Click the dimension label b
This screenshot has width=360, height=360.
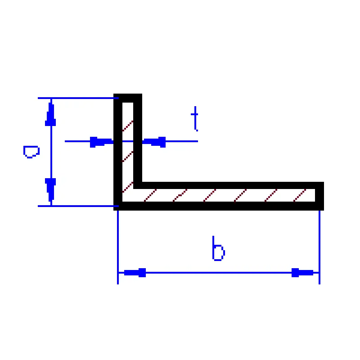(x=218, y=248)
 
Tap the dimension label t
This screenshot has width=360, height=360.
(x=195, y=119)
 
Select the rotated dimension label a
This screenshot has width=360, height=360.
(x=31, y=152)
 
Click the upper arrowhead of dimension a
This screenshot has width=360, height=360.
(x=50, y=114)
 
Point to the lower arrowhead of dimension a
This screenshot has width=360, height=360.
(x=50, y=190)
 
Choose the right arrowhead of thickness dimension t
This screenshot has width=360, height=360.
(x=154, y=142)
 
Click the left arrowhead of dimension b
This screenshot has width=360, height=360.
(x=135, y=273)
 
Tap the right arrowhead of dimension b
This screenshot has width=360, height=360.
(x=302, y=273)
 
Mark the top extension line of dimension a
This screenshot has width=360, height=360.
(x=78, y=98)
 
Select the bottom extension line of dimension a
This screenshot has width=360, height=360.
(x=78, y=206)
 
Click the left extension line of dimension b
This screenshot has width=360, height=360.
(x=118, y=247)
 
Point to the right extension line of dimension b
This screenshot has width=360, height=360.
(x=319, y=247)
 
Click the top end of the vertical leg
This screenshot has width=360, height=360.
(x=128, y=94)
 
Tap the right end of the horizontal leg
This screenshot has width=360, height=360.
(x=324, y=196)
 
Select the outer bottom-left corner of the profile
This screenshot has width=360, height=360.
(x=114, y=210)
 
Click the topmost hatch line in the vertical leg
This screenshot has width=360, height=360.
(x=128, y=126)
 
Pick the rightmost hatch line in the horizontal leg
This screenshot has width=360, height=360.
(x=300, y=195)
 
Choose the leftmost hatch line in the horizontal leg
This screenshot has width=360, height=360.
(x=150, y=195)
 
